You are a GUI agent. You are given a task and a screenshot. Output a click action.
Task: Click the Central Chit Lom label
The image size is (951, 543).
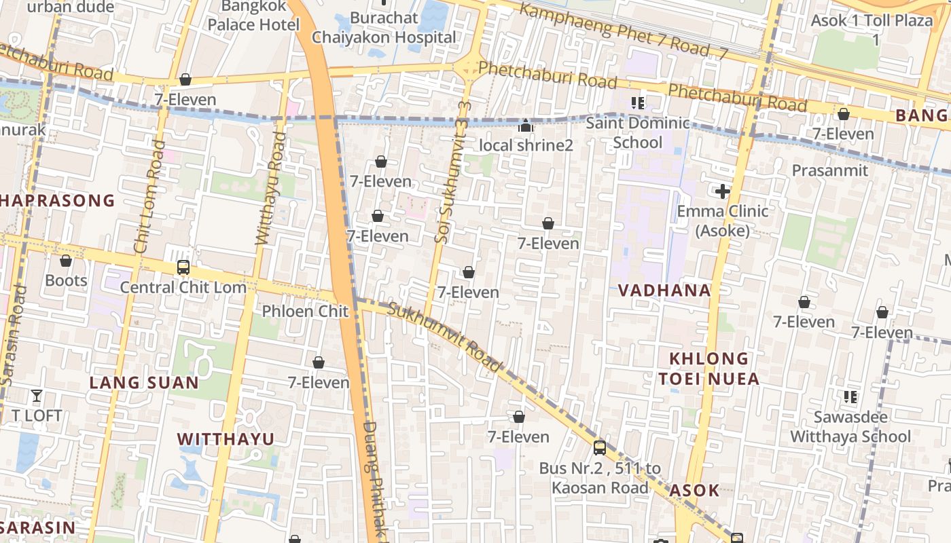pyautogui.click(x=183, y=287)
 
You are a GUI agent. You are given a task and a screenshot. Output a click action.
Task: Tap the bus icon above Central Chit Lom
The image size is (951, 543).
pyautogui.click(x=183, y=267)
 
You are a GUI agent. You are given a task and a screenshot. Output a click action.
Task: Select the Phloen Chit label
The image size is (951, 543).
pyautogui.click(x=305, y=312)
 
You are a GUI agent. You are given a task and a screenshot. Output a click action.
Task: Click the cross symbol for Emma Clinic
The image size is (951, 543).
pyautogui.click(x=723, y=191)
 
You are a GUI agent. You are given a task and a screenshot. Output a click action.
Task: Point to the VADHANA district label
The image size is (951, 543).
pyautogui.click(x=664, y=291)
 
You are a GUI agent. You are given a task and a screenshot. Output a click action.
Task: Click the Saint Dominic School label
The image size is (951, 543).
pyautogui.click(x=637, y=132)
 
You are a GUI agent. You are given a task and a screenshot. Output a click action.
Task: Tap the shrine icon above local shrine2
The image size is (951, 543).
pyautogui.click(x=525, y=126)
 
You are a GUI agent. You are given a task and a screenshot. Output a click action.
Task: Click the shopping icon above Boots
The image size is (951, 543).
pyautogui.click(x=66, y=261)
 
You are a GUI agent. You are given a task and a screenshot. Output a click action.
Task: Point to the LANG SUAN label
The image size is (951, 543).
pyautogui.click(x=144, y=383)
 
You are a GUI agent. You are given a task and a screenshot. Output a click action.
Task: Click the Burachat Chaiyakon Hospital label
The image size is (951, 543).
pyautogui.click(x=384, y=28)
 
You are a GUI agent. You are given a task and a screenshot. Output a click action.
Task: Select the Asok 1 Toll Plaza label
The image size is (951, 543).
pyautogui.click(x=872, y=29)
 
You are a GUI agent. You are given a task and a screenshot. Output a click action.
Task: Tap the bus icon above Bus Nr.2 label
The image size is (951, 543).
pyautogui.click(x=599, y=447)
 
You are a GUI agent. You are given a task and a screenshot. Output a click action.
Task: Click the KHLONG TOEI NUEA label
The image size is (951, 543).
pyautogui.click(x=708, y=369)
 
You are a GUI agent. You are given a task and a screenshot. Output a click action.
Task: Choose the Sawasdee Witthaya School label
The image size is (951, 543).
pyautogui.click(x=850, y=427)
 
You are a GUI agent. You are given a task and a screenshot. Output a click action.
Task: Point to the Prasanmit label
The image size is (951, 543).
pyautogui.click(x=829, y=170)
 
